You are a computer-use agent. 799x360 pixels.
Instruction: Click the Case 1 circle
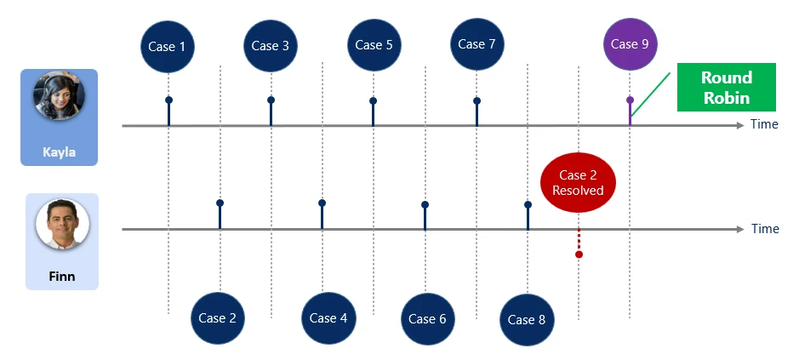tap(168, 46)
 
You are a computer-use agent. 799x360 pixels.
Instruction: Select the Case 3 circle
tap(271, 46)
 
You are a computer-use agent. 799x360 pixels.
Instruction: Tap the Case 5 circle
tap(374, 45)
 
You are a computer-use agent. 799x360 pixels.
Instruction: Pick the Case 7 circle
tap(477, 44)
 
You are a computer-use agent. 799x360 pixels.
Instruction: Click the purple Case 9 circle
tap(630, 44)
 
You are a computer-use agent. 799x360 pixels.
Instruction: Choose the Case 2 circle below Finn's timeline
tap(219, 318)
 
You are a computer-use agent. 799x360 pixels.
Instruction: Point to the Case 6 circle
tap(428, 319)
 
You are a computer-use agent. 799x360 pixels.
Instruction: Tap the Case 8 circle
tap(527, 320)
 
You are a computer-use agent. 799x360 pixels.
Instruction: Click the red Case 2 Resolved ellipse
tap(578, 183)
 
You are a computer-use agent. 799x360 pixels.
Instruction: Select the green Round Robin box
tap(726, 88)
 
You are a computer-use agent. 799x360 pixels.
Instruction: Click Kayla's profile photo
tap(59, 96)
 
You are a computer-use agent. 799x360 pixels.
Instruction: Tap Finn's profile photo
tap(62, 225)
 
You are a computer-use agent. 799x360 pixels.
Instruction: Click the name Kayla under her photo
tap(59, 153)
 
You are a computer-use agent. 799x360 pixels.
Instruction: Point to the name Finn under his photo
tap(61, 276)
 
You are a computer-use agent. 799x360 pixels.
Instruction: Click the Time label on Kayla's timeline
tap(764, 125)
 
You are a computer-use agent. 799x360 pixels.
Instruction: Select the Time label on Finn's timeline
tap(764, 229)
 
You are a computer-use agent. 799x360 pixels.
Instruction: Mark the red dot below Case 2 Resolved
tap(579, 254)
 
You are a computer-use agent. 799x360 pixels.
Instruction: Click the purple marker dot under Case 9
tap(630, 100)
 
